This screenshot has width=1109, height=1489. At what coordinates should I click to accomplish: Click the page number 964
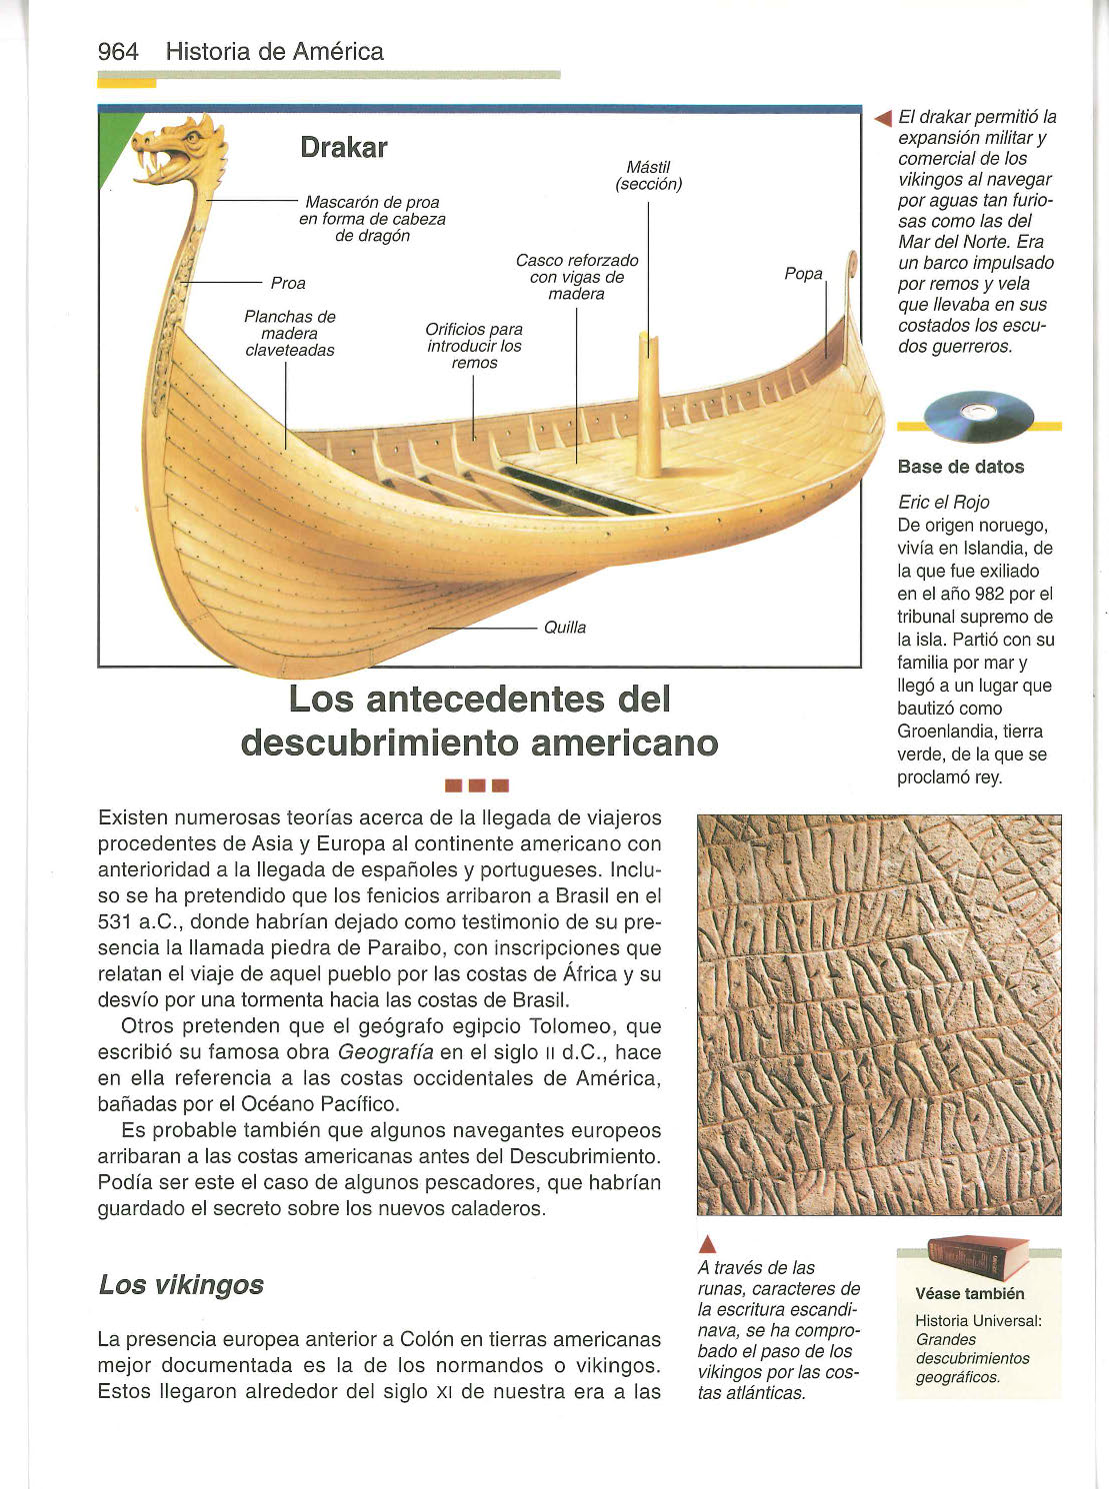[x=118, y=52]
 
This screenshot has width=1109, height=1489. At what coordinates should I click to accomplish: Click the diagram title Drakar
[x=343, y=148]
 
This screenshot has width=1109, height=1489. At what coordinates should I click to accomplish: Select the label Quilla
[x=565, y=628]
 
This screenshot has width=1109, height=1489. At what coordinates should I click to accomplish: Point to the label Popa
[x=804, y=274]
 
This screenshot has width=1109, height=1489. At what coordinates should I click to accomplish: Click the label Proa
[x=288, y=284]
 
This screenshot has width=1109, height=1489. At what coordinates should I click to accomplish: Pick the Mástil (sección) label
[x=648, y=176]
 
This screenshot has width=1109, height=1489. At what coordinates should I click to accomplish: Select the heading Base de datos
[x=960, y=467]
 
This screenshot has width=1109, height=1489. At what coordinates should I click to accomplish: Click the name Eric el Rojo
[x=943, y=503]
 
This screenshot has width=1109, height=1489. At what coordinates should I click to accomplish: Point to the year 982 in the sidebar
[x=989, y=595]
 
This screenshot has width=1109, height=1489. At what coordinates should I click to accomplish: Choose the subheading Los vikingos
[x=181, y=1285]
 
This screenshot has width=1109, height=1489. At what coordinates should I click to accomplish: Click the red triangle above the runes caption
[x=707, y=1244]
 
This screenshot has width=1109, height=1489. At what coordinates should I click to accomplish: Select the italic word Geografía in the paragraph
[x=385, y=1052]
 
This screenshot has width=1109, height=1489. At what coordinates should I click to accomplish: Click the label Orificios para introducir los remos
[x=474, y=346]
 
